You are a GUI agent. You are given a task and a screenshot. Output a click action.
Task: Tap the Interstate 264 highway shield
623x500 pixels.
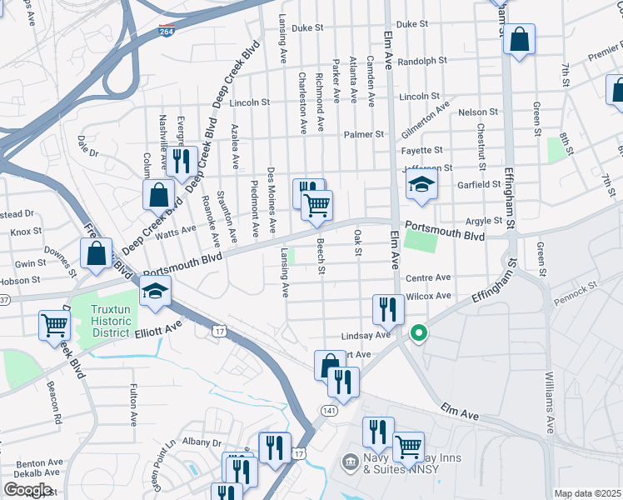click(167, 32)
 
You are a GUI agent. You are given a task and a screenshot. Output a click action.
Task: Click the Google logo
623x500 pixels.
click(27, 490)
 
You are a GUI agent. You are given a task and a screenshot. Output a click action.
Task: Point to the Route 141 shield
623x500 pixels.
click(330, 411)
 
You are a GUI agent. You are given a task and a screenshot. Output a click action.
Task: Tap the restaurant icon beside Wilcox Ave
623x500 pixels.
click(388, 310)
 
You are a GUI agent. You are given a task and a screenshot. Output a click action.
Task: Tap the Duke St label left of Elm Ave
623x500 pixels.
click(307, 27)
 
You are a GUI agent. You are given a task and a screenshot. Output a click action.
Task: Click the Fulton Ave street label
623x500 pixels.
click(133, 404)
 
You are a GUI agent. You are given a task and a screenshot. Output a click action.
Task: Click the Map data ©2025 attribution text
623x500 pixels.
click(586, 493)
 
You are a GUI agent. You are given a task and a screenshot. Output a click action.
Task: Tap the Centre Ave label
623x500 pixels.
click(428, 277)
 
